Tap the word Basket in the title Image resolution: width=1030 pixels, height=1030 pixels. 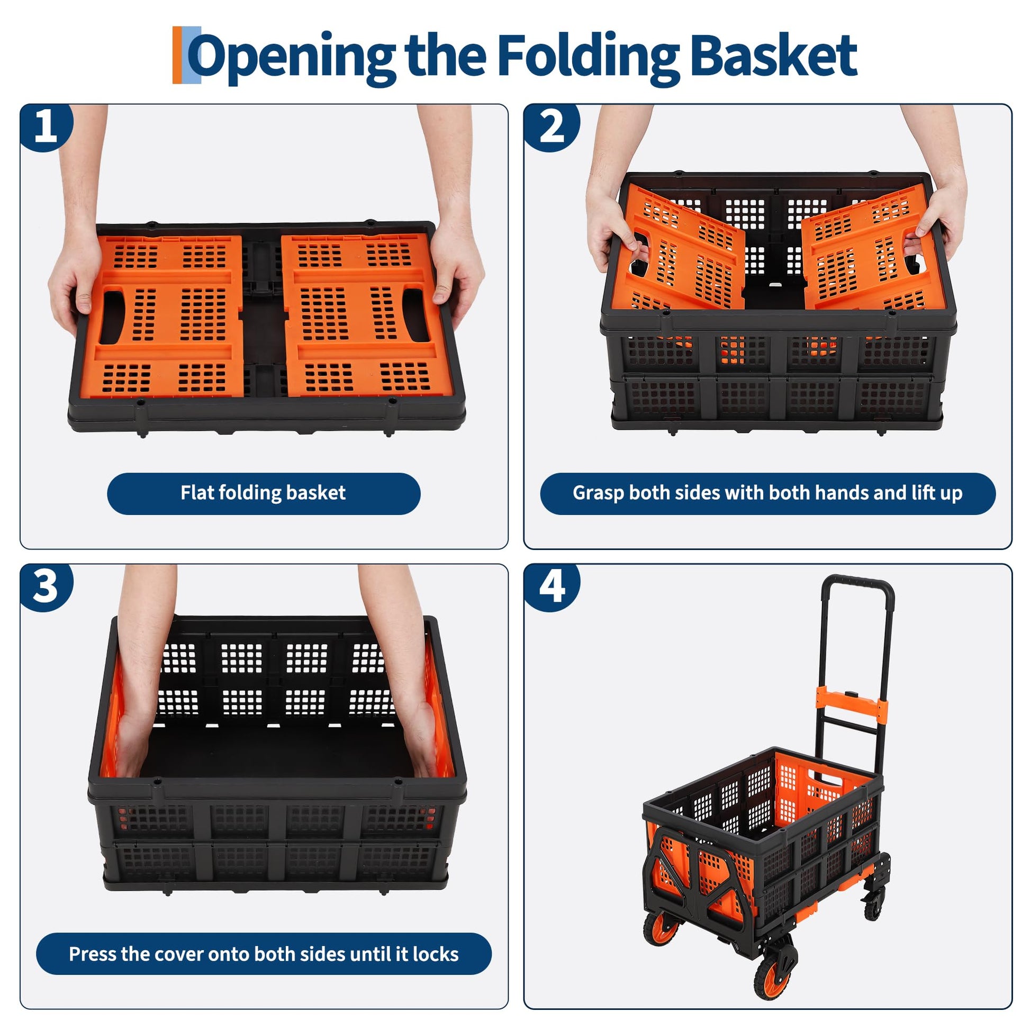[x=774, y=54]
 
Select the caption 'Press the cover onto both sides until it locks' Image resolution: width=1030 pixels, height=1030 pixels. [x=264, y=954]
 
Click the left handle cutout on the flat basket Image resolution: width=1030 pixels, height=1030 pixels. [x=112, y=317]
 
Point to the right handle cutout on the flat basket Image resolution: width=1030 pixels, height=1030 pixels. [x=416, y=314]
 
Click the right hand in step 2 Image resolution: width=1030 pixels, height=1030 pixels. [x=941, y=213]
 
